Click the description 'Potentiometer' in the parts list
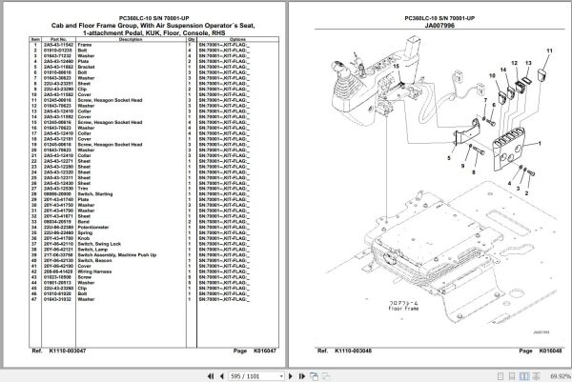click(x=93, y=227)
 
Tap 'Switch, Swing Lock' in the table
click(x=97, y=243)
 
